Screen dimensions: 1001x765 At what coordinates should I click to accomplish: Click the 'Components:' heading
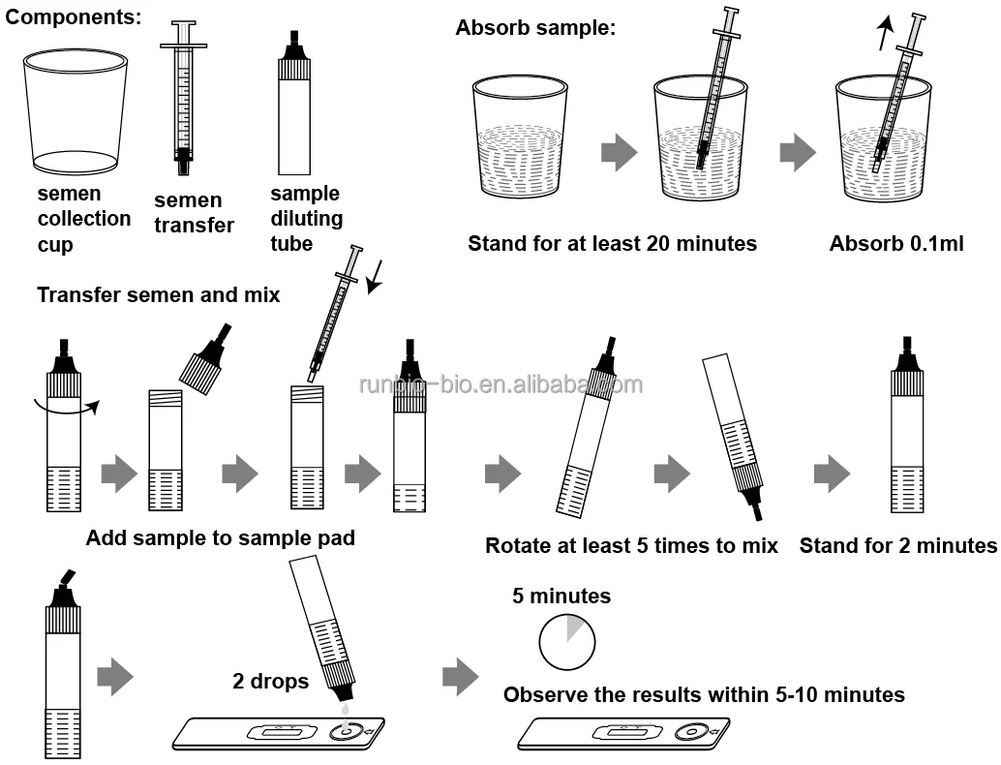[73, 16]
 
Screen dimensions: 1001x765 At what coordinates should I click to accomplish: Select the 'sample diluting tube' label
[305, 219]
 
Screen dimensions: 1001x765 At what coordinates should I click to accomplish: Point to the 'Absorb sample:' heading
[535, 28]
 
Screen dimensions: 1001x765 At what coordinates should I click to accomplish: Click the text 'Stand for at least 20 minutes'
[612, 243]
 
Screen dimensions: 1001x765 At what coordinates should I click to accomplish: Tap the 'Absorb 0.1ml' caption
[896, 243]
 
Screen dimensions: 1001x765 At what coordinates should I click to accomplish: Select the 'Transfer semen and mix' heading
[159, 294]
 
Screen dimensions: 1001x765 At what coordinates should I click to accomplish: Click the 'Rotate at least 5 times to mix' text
[631, 546]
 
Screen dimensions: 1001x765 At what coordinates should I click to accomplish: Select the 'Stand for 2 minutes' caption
[897, 546]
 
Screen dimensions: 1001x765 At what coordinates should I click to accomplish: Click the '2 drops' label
[270, 682]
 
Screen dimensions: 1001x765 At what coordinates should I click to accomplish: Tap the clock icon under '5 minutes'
[566, 640]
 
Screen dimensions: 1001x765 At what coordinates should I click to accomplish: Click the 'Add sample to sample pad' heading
[221, 538]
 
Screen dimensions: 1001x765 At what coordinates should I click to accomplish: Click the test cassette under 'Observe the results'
[622, 733]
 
